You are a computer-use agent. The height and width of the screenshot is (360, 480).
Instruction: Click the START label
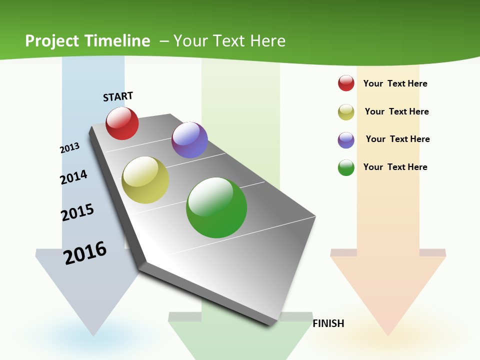118,96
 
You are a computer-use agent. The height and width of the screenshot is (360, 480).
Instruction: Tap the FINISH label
328,323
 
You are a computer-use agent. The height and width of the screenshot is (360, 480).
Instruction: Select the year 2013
70,148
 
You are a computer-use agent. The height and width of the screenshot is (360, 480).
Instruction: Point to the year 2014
74,177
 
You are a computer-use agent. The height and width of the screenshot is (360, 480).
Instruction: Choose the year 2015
77,212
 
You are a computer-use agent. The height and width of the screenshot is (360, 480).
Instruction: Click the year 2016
85,253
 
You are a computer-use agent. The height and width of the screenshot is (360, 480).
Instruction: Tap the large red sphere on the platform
122,123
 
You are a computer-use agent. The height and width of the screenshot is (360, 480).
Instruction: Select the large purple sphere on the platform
189,140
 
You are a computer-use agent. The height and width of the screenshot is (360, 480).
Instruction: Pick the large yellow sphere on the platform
145,180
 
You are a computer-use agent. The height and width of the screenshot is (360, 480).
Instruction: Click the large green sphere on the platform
216,207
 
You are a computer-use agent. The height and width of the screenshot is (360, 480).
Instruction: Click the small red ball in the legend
346,83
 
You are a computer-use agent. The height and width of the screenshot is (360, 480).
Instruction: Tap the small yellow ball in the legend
346,112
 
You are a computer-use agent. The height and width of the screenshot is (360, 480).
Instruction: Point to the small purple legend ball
346,140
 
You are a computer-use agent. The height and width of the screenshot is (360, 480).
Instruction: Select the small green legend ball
346,167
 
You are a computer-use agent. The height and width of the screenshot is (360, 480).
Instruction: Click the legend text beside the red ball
395,83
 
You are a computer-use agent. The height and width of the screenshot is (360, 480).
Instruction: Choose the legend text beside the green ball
395,167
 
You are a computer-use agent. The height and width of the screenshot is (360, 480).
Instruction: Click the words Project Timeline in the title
87,41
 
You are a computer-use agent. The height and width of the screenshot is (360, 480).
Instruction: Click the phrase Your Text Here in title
229,41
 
